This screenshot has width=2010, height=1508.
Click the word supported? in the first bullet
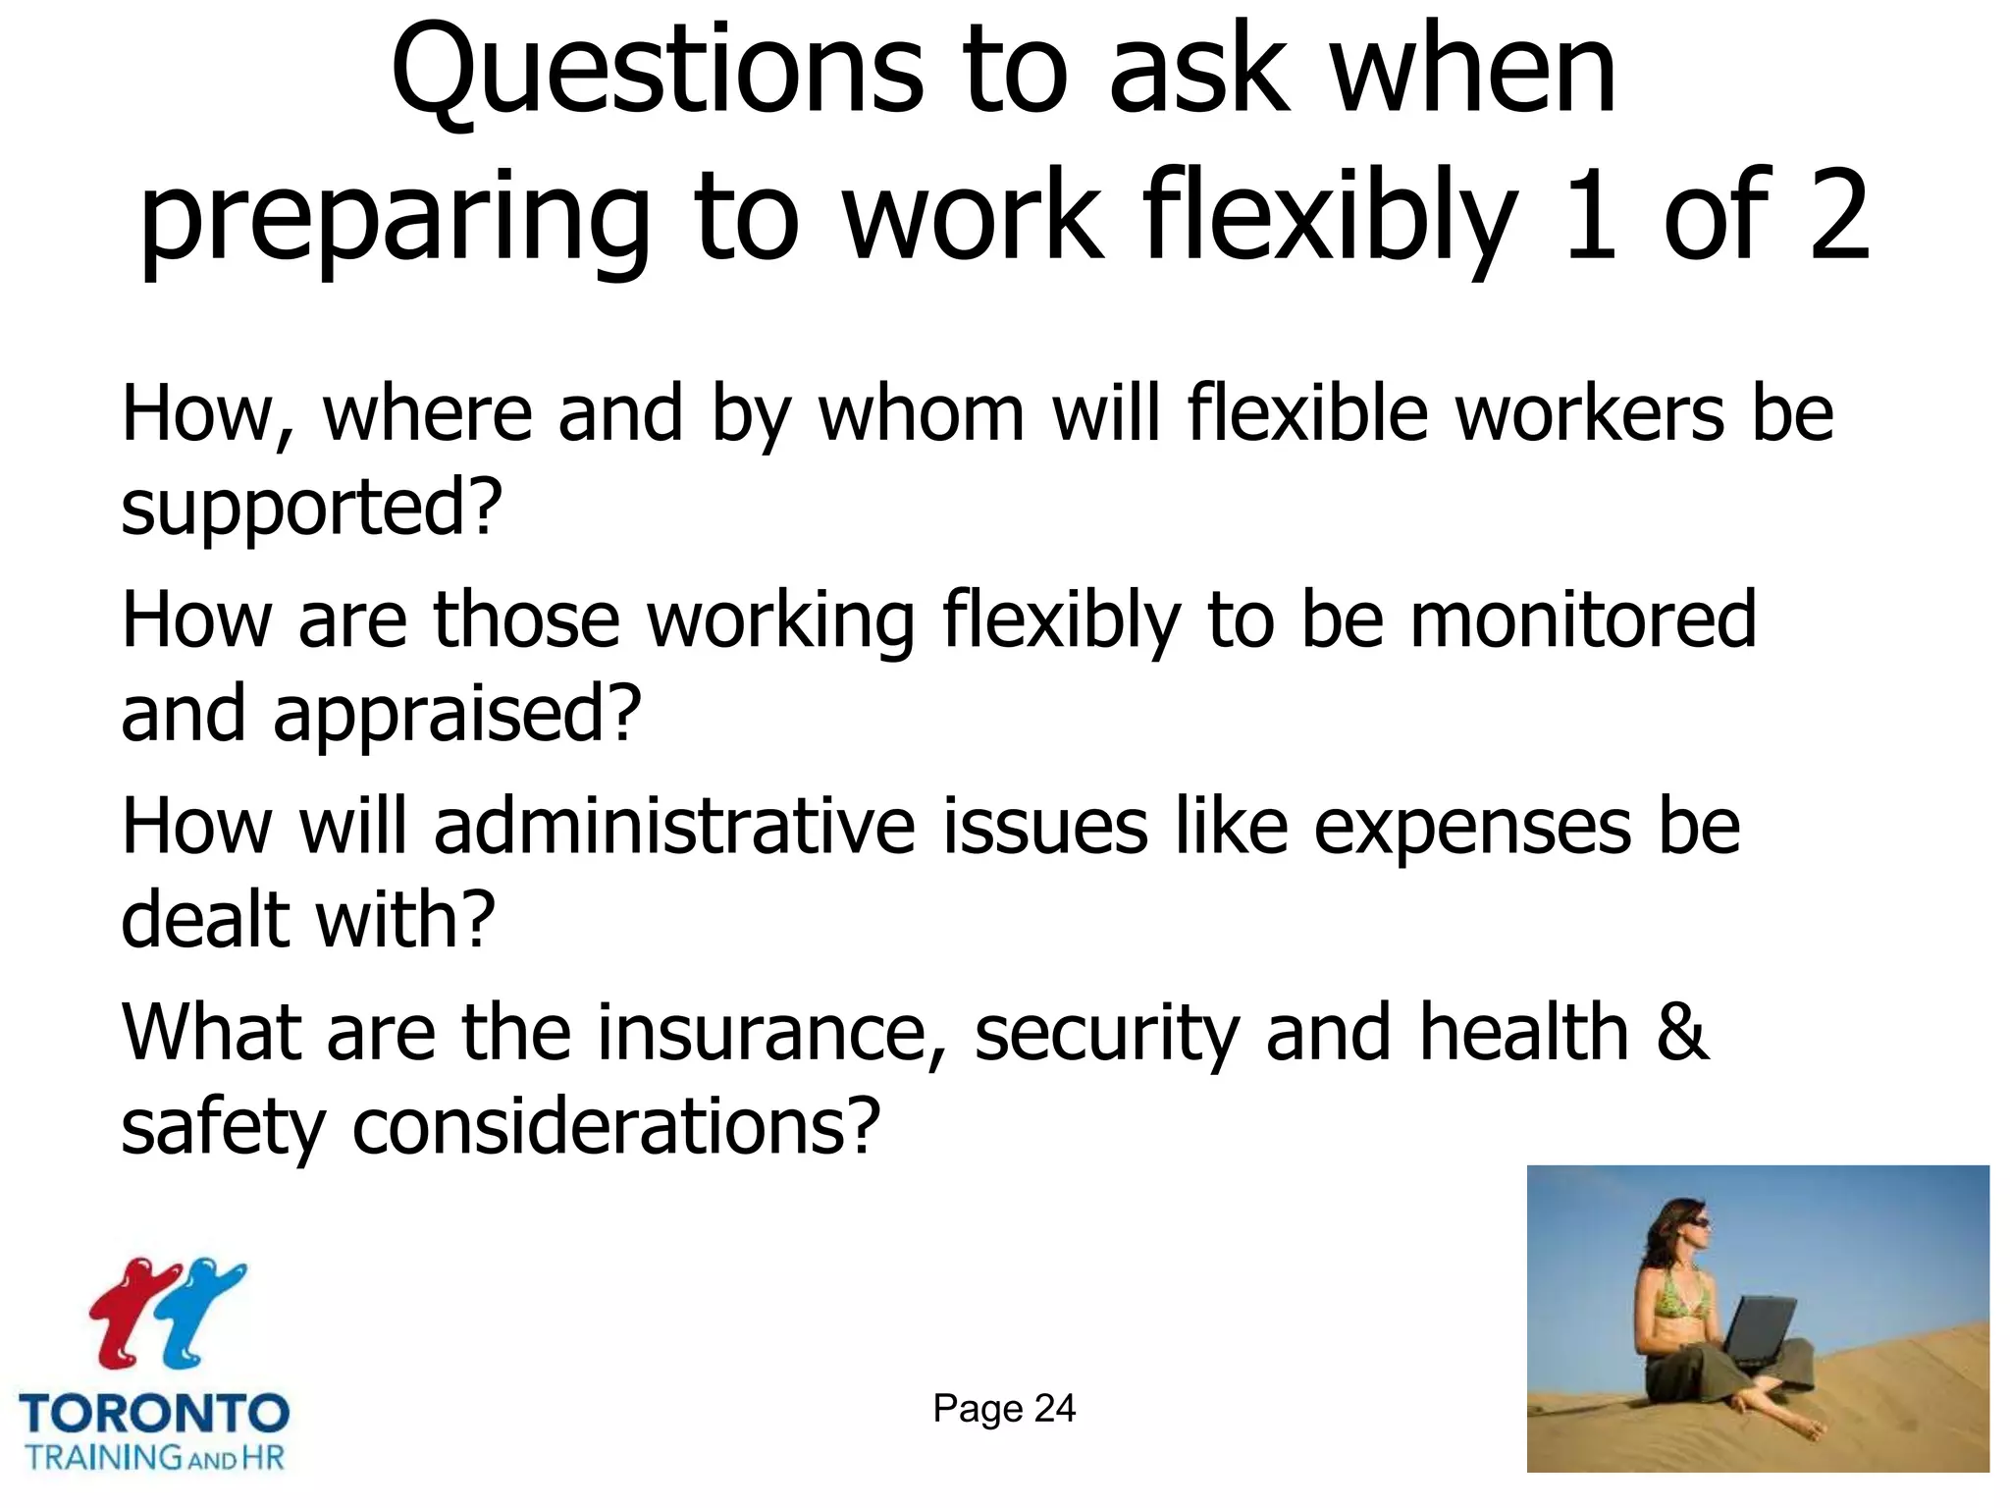[311, 508]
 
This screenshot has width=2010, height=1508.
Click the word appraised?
[456, 715]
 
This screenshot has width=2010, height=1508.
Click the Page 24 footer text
[1003, 1409]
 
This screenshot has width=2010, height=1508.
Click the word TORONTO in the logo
[154, 1415]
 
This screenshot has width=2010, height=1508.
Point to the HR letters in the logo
[263, 1456]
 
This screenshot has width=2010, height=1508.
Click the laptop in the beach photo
[1757, 1330]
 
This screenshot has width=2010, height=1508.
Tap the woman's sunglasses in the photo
[1699, 1222]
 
